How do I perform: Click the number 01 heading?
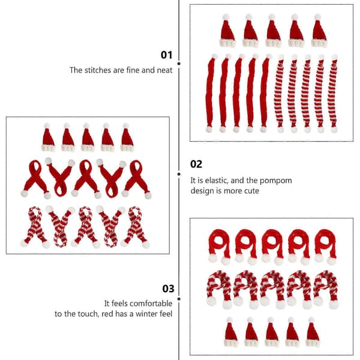166,55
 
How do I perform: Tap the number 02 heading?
196,164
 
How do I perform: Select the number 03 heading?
168,289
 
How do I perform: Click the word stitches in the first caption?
98,70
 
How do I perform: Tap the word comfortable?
148,303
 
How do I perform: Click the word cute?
251,191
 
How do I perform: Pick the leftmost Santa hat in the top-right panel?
227,31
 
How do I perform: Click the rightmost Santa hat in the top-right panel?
319,31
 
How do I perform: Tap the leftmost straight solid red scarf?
211,93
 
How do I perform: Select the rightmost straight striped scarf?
333,94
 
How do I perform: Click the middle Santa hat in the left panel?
87,137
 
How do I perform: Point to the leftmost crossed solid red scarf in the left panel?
36,179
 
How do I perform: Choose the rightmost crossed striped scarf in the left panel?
136,226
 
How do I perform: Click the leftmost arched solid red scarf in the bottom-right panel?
219,247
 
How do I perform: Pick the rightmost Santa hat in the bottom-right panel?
313,332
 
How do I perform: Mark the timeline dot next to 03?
179,299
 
